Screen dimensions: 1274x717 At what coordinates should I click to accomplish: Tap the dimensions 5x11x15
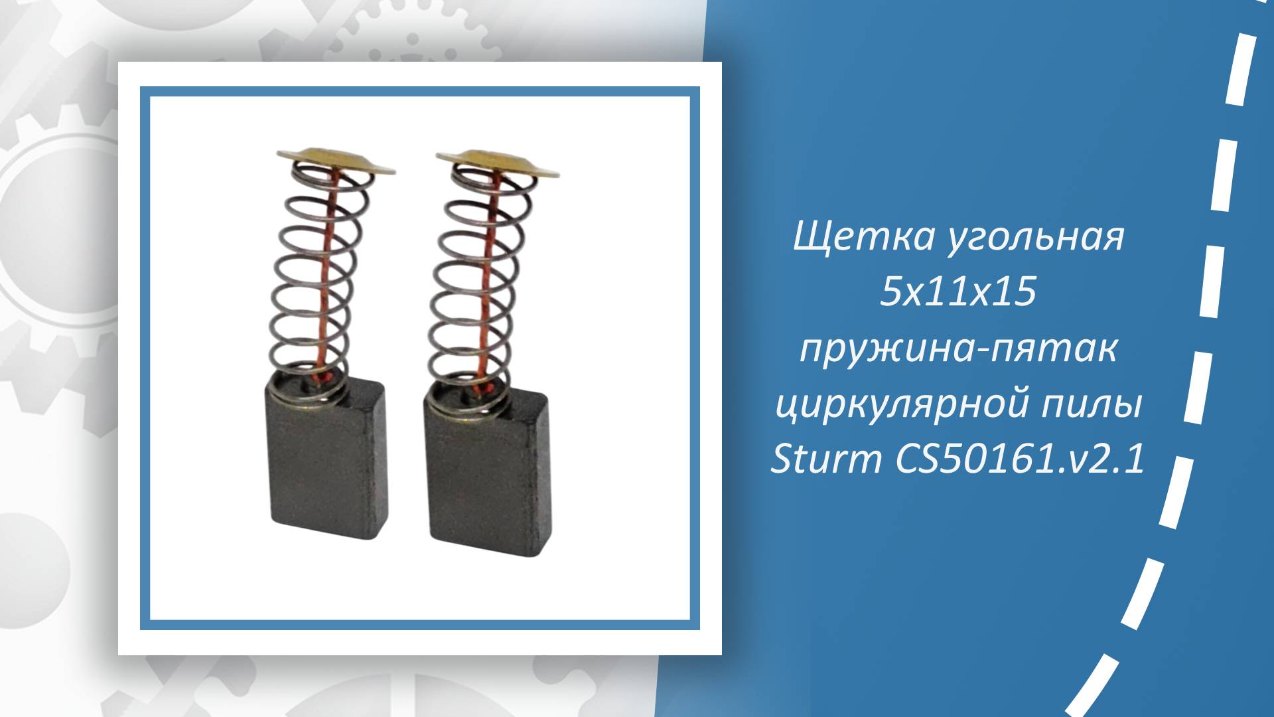[x=958, y=293]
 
